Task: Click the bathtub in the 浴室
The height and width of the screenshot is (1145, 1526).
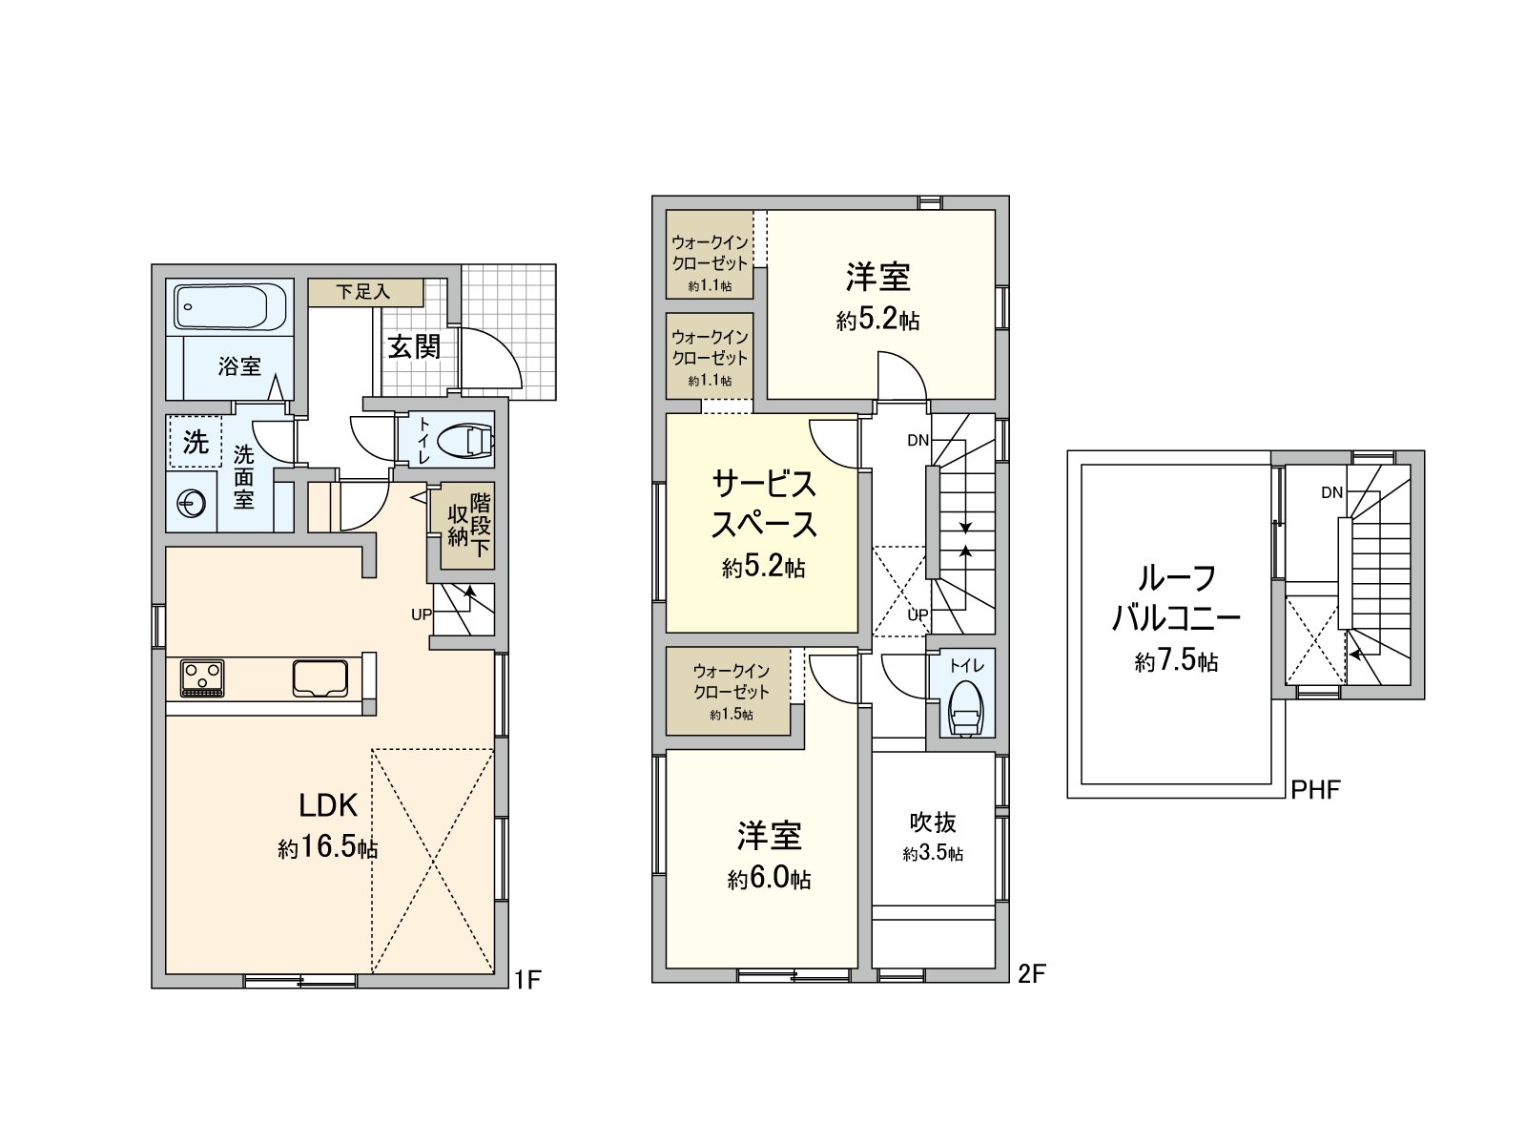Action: pos(229,306)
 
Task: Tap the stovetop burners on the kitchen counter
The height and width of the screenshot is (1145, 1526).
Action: pos(202,677)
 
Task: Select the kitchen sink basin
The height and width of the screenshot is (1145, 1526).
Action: pos(320,677)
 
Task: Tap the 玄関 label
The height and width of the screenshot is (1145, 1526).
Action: pos(414,347)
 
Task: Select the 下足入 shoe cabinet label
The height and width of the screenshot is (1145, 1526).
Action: pos(363,292)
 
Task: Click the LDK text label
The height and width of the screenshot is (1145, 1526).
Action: pos(328,805)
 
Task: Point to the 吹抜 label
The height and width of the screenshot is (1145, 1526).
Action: pos(933,823)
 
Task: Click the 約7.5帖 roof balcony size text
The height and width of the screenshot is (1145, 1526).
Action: pos(1176,661)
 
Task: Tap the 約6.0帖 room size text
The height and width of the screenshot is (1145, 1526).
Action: pos(769,879)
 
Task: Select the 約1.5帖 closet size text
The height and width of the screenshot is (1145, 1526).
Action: pos(732,715)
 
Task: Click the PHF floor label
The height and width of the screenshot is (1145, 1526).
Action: pos(1315,790)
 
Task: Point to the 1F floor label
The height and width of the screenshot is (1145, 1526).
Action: pos(527,980)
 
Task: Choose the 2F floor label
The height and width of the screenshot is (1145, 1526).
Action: pos(1032,974)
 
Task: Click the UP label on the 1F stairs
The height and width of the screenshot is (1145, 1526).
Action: pos(422,614)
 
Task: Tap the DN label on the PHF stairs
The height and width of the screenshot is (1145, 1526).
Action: pos(1332,493)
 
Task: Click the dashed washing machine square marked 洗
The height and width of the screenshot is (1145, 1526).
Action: pos(196,442)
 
